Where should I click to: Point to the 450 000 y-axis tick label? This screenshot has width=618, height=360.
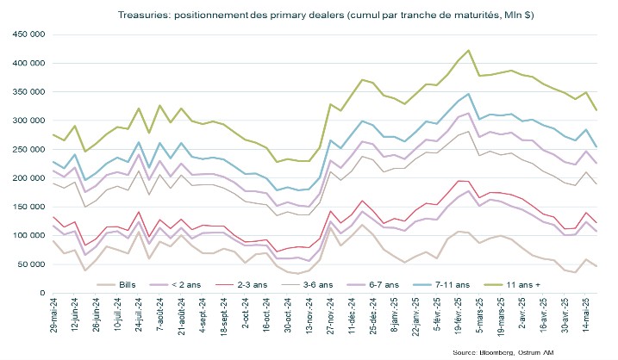coord(27,35)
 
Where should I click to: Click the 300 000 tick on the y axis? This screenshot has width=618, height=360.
coord(27,121)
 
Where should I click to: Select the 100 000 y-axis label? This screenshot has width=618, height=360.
coord(27,234)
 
